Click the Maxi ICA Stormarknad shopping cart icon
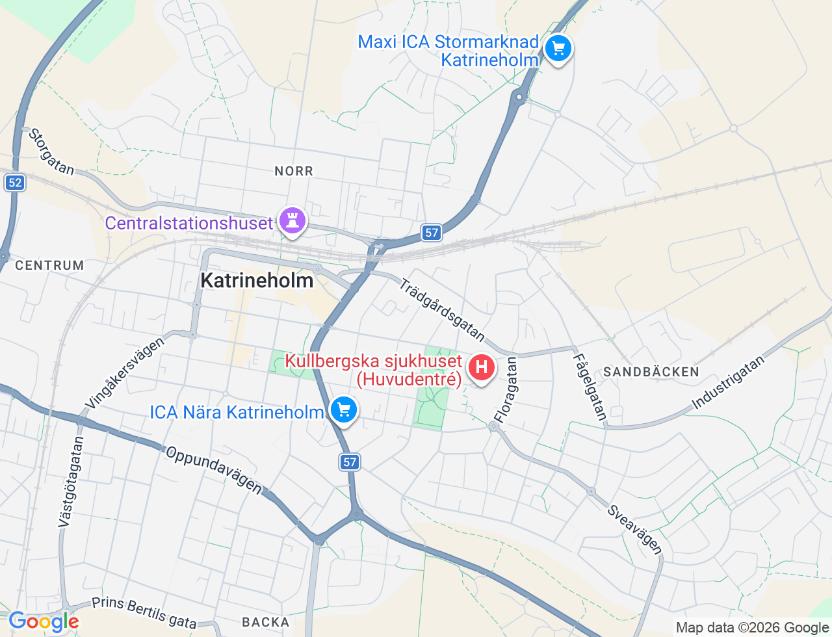pos(558,49)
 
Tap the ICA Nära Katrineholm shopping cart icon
pos(344,410)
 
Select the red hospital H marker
pos(481,368)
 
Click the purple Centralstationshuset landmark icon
pos(292,221)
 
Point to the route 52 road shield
pos(14,183)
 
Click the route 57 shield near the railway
pos(432,232)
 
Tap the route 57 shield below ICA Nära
pos(350,462)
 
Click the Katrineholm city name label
pos(257,281)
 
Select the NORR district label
pos(294,171)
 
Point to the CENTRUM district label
pos(49,265)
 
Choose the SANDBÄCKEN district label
pos(651,372)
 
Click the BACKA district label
pos(266,622)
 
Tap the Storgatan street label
pos(51,152)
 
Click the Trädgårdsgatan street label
pos(442,310)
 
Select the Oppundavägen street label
pos(214,470)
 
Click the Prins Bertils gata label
pos(144,613)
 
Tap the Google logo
pos(44,622)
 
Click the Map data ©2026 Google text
pos(752,628)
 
